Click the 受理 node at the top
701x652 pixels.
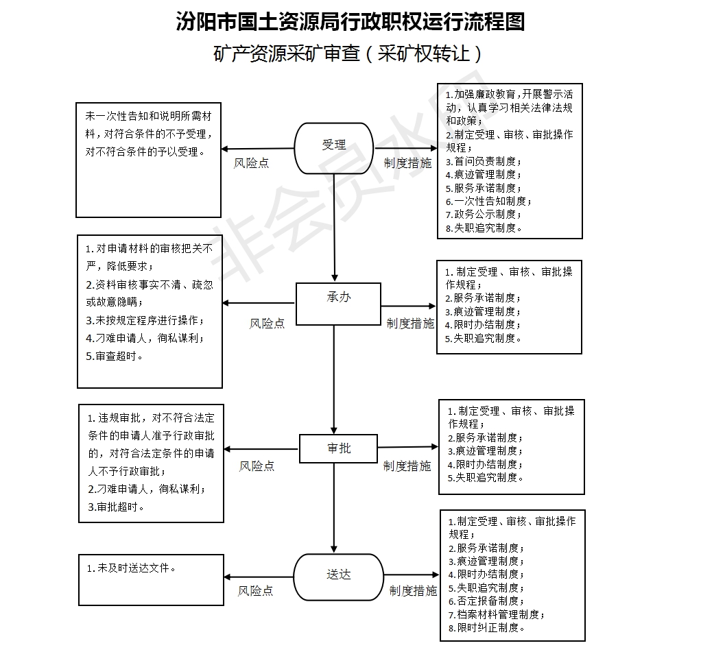(x=334, y=145)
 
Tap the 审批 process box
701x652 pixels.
(x=338, y=448)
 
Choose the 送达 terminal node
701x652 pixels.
(x=338, y=575)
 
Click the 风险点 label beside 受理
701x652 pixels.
(x=252, y=164)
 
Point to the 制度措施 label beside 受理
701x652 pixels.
(x=408, y=163)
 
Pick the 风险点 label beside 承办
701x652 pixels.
(x=267, y=323)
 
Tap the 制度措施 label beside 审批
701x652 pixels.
(x=407, y=466)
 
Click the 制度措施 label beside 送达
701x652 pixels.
(x=413, y=590)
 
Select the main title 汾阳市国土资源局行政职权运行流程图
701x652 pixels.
(x=350, y=22)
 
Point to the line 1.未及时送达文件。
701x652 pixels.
(x=131, y=568)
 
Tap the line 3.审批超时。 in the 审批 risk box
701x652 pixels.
(x=117, y=507)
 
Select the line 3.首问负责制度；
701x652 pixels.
(x=484, y=162)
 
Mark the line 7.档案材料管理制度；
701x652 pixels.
(x=497, y=614)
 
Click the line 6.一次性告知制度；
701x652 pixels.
(x=488, y=202)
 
